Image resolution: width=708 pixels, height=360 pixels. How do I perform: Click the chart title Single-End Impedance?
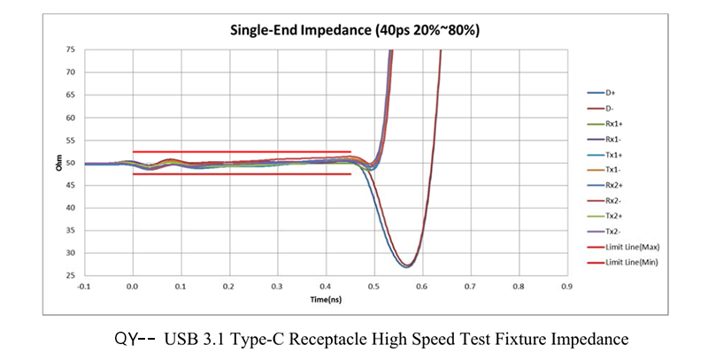pyautogui.click(x=354, y=30)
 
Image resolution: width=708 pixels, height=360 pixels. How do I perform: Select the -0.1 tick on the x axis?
pyautogui.click(x=84, y=287)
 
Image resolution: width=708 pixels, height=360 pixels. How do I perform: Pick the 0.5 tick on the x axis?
pyautogui.click(x=373, y=287)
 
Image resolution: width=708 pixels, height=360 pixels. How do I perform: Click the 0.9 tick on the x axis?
pyautogui.click(x=566, y=287)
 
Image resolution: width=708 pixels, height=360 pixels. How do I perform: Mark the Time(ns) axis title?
pyautogui.click(x=325, y=299)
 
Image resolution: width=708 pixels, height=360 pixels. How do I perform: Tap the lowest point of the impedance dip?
pyautogui.click(x=407, y=266)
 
